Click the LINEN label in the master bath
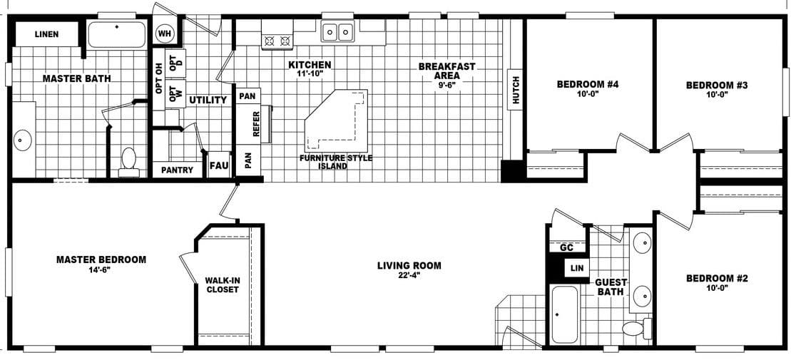coord(46,34)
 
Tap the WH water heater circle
coord(165,34)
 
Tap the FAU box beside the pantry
coord(218,165)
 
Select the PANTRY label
coord(177,170)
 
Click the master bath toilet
coord(129,162)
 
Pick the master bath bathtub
coord(116,34)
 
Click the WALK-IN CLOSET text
coord(223,285)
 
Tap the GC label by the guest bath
coord(567,247)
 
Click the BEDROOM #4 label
coord(587,84)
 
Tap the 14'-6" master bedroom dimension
coord(101,269)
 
